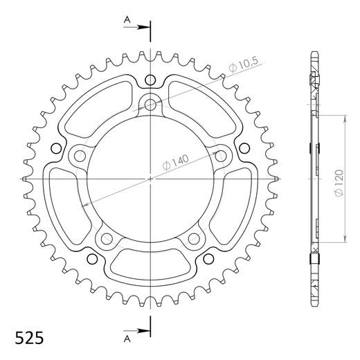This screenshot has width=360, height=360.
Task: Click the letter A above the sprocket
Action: click(127, 21)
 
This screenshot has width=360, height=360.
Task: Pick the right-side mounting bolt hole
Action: click(221, 156)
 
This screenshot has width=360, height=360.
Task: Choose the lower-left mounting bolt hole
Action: click(107, 239)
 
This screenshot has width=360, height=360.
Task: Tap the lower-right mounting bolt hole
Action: click(194, 239)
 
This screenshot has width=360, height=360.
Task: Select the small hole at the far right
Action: click(244, 147)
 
